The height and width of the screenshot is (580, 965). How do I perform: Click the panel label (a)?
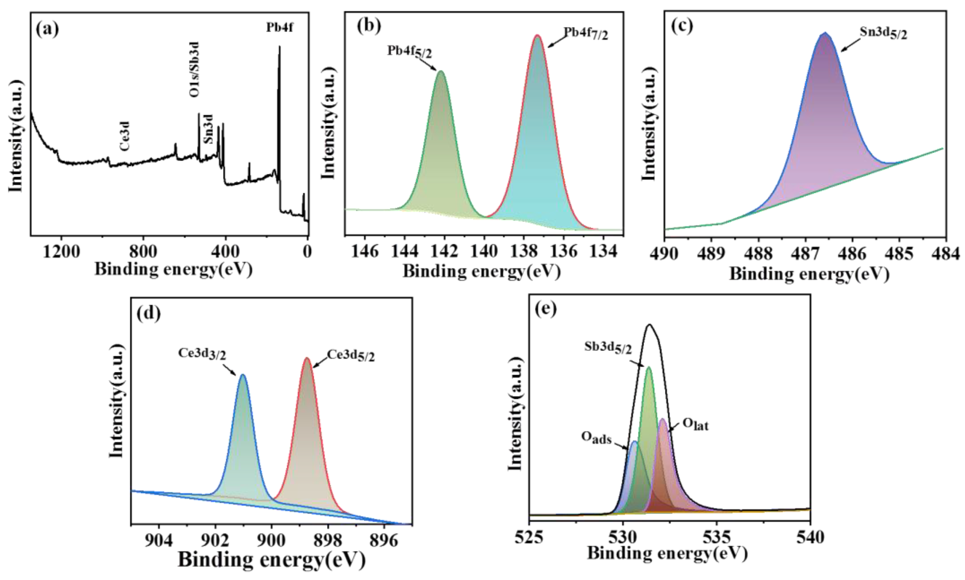47,30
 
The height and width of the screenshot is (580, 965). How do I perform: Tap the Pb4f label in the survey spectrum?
280,28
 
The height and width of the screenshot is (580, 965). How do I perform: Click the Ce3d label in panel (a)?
125,136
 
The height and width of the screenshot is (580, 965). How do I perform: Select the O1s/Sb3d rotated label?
194,69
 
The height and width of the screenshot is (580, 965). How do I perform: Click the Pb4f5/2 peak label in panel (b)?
410,51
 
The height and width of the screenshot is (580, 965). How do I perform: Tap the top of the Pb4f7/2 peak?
537,36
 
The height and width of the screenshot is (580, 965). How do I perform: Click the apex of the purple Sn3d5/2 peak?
825,34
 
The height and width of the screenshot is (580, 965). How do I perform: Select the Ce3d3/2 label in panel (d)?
202,354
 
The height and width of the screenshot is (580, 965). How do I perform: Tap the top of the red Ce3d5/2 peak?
307,358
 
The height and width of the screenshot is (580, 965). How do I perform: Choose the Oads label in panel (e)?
596,438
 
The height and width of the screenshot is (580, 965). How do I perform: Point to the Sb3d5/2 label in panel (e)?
608,348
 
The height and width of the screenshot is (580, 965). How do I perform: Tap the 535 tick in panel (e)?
717,538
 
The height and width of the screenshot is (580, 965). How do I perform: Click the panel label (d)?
149,313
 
